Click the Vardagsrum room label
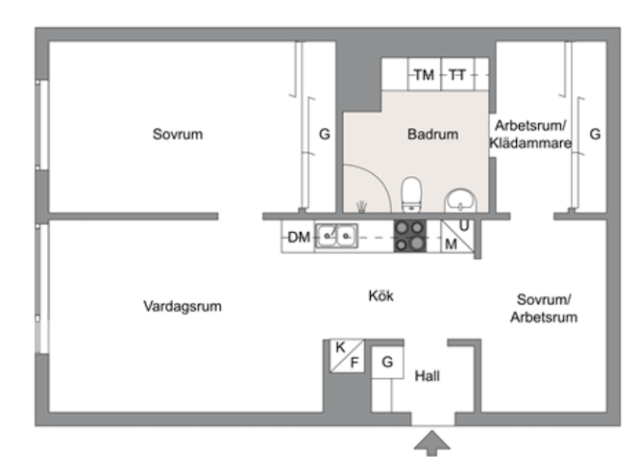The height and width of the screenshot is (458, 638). [x=183, y=306]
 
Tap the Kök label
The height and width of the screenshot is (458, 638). [x=380, y=295]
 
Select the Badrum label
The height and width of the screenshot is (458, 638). [x=432, y=134]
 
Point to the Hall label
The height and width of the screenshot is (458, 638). [x=428, y=375]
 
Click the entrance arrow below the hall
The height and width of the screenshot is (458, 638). [x=432, y=443]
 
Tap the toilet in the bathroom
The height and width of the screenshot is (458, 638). [x=411, y=194]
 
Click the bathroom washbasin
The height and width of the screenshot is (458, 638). [x=460, y=200]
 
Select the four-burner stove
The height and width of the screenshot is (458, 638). [x=409, y=236]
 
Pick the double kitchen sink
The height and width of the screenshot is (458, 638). [x=336, y=236]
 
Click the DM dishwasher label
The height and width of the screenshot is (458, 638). [x=299, y=237]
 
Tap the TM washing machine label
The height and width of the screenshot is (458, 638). [x=424, y=75]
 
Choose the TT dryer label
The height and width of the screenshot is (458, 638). [x=457, y=75]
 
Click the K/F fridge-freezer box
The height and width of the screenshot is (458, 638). [x=347, y=355]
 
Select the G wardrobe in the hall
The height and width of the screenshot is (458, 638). [x=387, y=362]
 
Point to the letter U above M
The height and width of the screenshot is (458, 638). [x=464, y=225]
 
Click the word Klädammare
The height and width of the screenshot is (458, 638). [x=529, y=143]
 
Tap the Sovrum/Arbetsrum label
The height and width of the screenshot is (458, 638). [x=544, y=309]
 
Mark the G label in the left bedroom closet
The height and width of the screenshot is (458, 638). [x=325, y=134]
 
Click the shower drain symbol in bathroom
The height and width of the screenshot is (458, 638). [x=361, y=207]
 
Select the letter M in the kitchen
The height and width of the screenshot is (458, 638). [x=451, y=244]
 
